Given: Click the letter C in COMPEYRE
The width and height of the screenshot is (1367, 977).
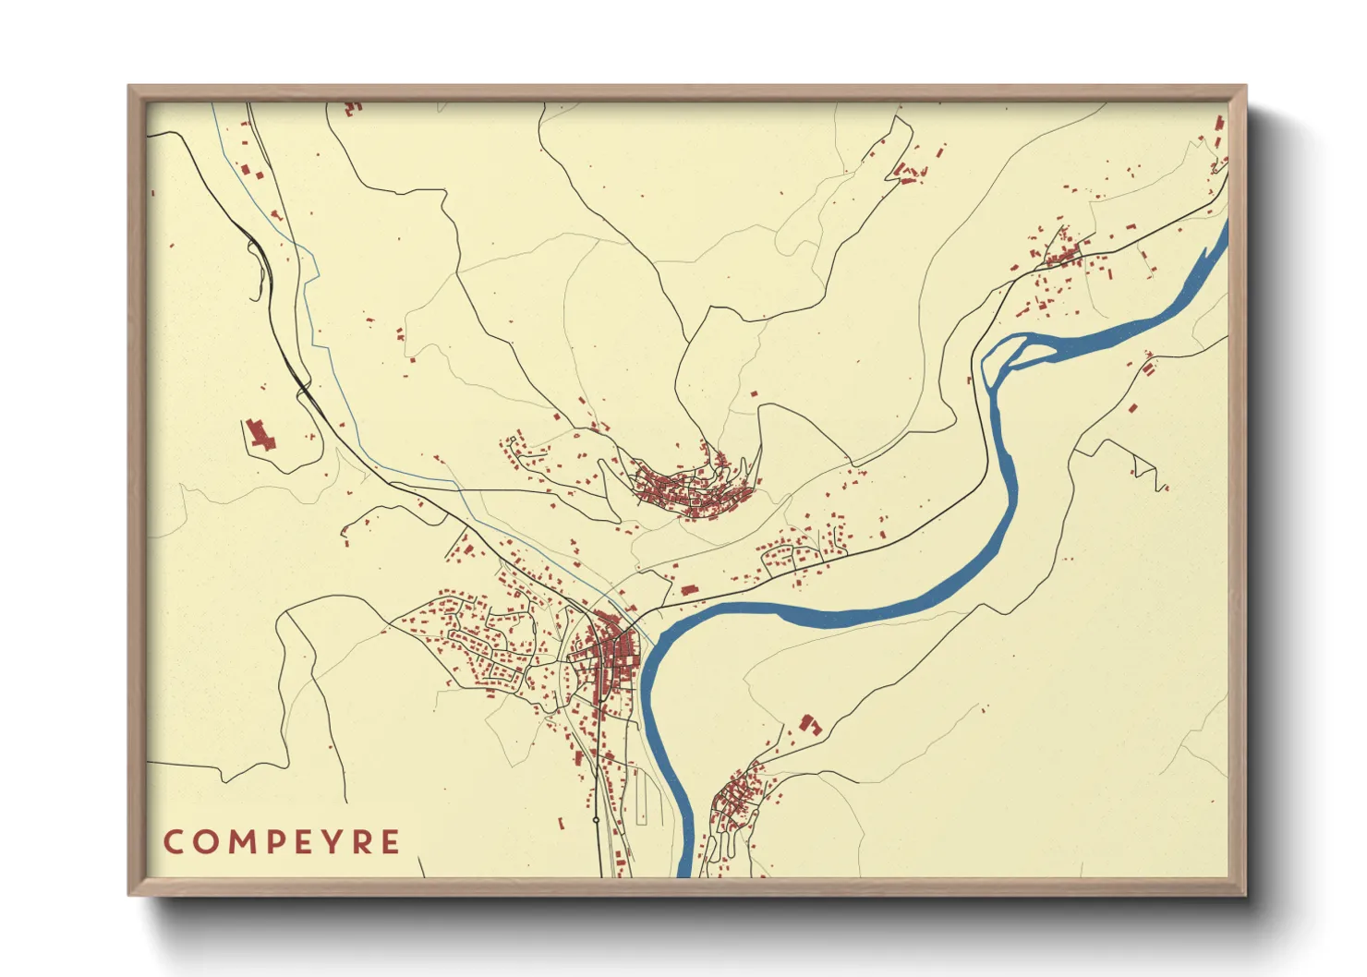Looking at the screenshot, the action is point(173,842).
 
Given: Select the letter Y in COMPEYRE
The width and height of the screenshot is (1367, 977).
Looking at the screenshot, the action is point(334,842).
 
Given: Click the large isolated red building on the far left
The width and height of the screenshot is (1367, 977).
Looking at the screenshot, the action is point(260,434).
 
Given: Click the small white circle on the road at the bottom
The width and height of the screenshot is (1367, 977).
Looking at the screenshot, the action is point(596,819).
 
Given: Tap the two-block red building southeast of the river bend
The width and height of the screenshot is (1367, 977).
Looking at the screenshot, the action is point(810,724).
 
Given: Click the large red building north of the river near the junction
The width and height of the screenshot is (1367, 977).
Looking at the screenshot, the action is point(687,589).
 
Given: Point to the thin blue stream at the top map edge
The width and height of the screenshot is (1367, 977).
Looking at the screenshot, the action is point(214,106).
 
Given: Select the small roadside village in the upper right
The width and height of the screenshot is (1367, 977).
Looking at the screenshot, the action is point(1062,251).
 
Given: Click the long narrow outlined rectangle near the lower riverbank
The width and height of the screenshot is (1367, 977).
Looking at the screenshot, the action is point(639,798).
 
